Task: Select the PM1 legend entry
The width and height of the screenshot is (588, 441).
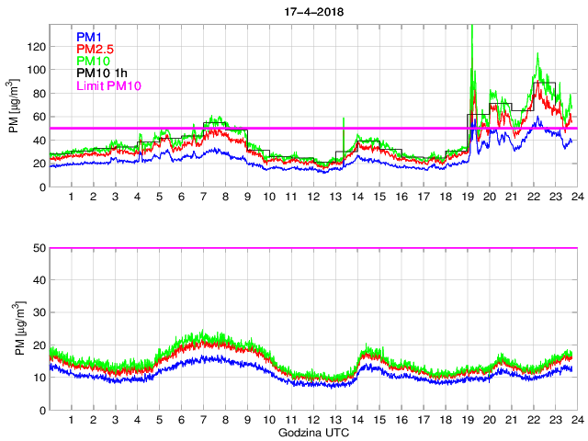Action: [89, 37]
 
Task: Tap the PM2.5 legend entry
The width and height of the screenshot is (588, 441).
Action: [95, 49]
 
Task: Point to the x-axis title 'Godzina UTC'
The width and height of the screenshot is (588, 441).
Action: [311, 431]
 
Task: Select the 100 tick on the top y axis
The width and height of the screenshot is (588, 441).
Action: [36, 70]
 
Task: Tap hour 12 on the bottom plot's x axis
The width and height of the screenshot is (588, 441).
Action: [312, 420]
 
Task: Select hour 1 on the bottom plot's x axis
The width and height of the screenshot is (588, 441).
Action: [71, 420]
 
